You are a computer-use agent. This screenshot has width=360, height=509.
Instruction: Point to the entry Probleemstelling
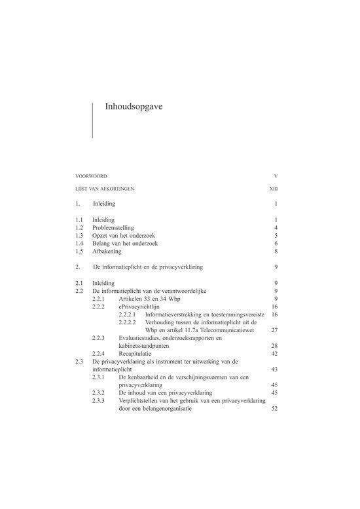click(x=117, y=227)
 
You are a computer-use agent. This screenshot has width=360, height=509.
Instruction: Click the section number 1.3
click(x=80, y=236)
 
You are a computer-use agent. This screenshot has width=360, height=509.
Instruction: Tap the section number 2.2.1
click(x=100, y=299)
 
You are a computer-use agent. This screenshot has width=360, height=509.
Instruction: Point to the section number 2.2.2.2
click(x=128, y=322)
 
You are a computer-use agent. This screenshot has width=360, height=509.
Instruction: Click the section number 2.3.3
click(x=100, y=401)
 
